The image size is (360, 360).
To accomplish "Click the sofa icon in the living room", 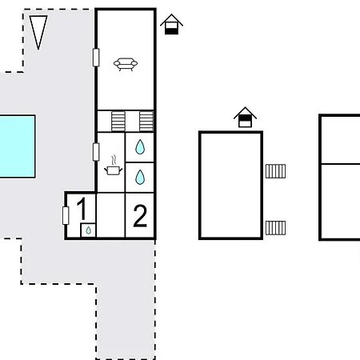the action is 126,64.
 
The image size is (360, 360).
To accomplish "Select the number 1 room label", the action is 82,209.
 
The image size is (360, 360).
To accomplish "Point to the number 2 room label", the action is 140,216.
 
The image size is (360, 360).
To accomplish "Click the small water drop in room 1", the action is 88,230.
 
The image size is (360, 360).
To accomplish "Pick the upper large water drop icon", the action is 140,147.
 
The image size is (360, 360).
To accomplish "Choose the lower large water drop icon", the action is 140,177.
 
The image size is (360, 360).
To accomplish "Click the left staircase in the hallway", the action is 118,122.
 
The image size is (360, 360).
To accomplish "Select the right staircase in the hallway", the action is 146,122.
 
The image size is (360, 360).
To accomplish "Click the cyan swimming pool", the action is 18,146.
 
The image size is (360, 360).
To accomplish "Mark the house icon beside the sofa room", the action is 171,24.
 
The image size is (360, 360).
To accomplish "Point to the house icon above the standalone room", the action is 245,117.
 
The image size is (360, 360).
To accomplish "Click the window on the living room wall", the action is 96,58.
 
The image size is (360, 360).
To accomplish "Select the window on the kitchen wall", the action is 96,152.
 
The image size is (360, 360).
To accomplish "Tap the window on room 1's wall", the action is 66,215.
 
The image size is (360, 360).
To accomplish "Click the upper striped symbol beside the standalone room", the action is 275,171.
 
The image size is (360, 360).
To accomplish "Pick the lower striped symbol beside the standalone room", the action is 275,228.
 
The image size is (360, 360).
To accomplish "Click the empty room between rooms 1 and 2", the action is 110,214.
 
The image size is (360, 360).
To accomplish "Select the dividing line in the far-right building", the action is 341,164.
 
